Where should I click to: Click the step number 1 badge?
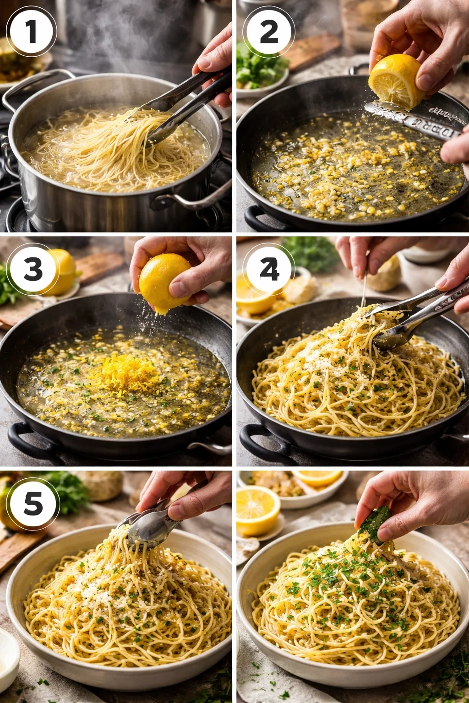point(31,32)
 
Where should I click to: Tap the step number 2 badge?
point(268,32)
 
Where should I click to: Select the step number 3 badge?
point(33,269)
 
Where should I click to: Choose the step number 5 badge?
point(33,503)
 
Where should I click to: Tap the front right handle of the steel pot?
point(202,197)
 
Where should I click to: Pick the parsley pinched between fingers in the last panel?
point(373,526)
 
